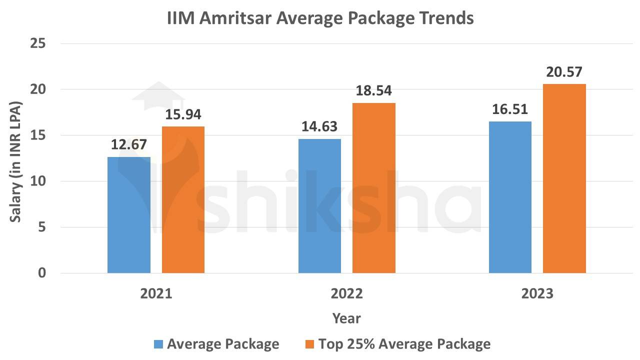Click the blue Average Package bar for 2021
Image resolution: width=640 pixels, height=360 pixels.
pos(129,215)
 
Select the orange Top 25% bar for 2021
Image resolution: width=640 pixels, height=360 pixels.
pos(183,200)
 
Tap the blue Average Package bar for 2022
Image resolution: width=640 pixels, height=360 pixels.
pos(319,206)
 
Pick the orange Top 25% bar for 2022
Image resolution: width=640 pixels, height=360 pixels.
pos(373,188)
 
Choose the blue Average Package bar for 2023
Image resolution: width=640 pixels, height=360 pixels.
pos(510,197)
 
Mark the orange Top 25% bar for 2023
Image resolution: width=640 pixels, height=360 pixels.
pos(564,178)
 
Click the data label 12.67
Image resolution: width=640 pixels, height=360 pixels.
pos(129,145)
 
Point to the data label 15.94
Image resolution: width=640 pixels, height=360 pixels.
pos(183,115)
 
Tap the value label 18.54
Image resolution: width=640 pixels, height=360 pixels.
pos(373,91)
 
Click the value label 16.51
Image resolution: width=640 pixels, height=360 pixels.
pos(510,109)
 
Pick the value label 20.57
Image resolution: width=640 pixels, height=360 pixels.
pos(564,72)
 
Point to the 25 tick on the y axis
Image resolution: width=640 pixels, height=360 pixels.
pos(38,44)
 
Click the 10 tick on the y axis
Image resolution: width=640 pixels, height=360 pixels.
pos(38,181)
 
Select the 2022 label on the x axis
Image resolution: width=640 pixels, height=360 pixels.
pos(346,293)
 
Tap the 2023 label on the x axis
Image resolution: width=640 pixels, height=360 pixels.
pos(537,293)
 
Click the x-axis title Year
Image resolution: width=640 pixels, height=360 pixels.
pos(346,318)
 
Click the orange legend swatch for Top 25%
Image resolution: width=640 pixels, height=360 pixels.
pos(309,344)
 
